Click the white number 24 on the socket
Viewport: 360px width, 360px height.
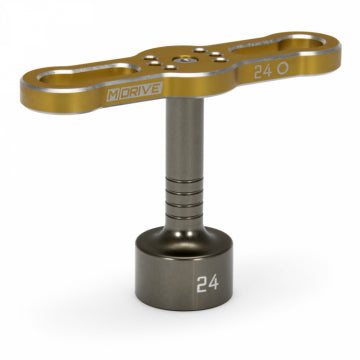(181, 281)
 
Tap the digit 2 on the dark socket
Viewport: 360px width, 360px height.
(175, 281)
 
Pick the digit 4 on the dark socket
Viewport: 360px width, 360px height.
(187, 281)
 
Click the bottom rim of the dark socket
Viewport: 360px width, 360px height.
(180, 318)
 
